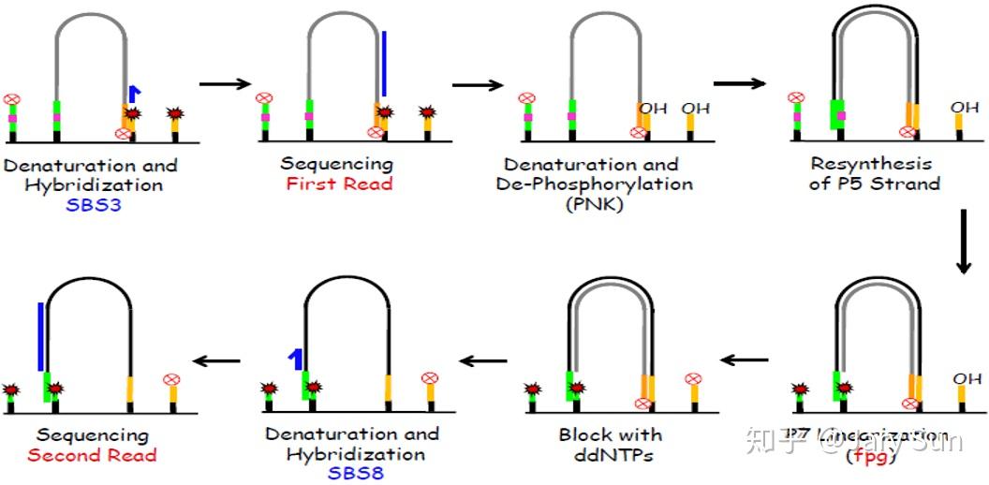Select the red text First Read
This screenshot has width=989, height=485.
point(338,184)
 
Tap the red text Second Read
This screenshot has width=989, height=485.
point(92,455)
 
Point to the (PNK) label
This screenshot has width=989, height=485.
point(595,203)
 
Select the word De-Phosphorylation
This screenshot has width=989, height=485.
point(595,184)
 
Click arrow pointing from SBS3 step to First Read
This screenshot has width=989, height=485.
point(226,84)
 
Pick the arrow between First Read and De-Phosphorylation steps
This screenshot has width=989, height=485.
point(479,84)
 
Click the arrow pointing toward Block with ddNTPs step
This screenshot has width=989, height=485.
point(744,360)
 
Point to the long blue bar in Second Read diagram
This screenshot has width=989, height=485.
point(40,336)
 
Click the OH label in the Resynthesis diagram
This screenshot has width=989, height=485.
point(965,108)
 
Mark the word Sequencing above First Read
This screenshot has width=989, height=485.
point(337,164)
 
